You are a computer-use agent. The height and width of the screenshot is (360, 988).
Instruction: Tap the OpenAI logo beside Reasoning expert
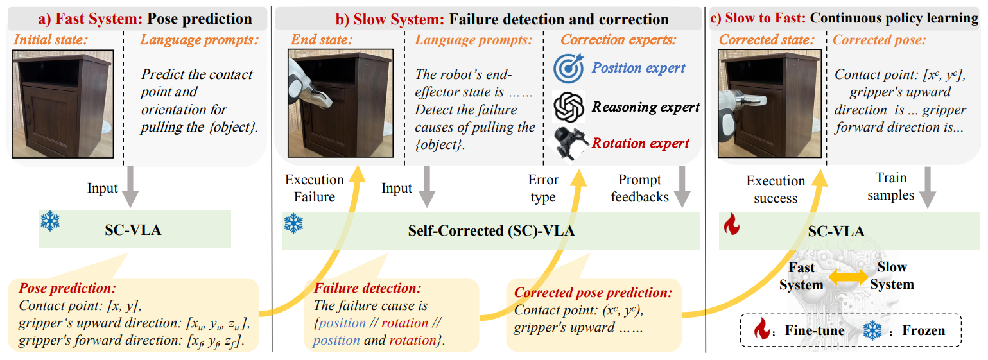(568, 107)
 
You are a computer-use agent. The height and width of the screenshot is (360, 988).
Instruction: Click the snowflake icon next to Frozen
(872, 331)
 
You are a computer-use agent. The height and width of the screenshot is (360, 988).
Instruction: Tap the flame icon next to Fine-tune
(763, 331)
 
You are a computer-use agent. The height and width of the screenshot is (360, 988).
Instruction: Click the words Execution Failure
(314, 188)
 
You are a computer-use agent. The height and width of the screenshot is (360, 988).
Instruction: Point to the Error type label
(543, 188)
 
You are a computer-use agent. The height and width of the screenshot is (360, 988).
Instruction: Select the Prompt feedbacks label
(639, 188)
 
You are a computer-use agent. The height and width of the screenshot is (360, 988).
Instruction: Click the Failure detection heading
(367, 289)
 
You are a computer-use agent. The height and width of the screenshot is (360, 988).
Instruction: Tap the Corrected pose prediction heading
(593, 293)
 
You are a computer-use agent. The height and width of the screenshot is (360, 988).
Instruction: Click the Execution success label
(776, 189)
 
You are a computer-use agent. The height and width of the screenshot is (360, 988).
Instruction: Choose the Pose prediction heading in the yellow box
(67, 289)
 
